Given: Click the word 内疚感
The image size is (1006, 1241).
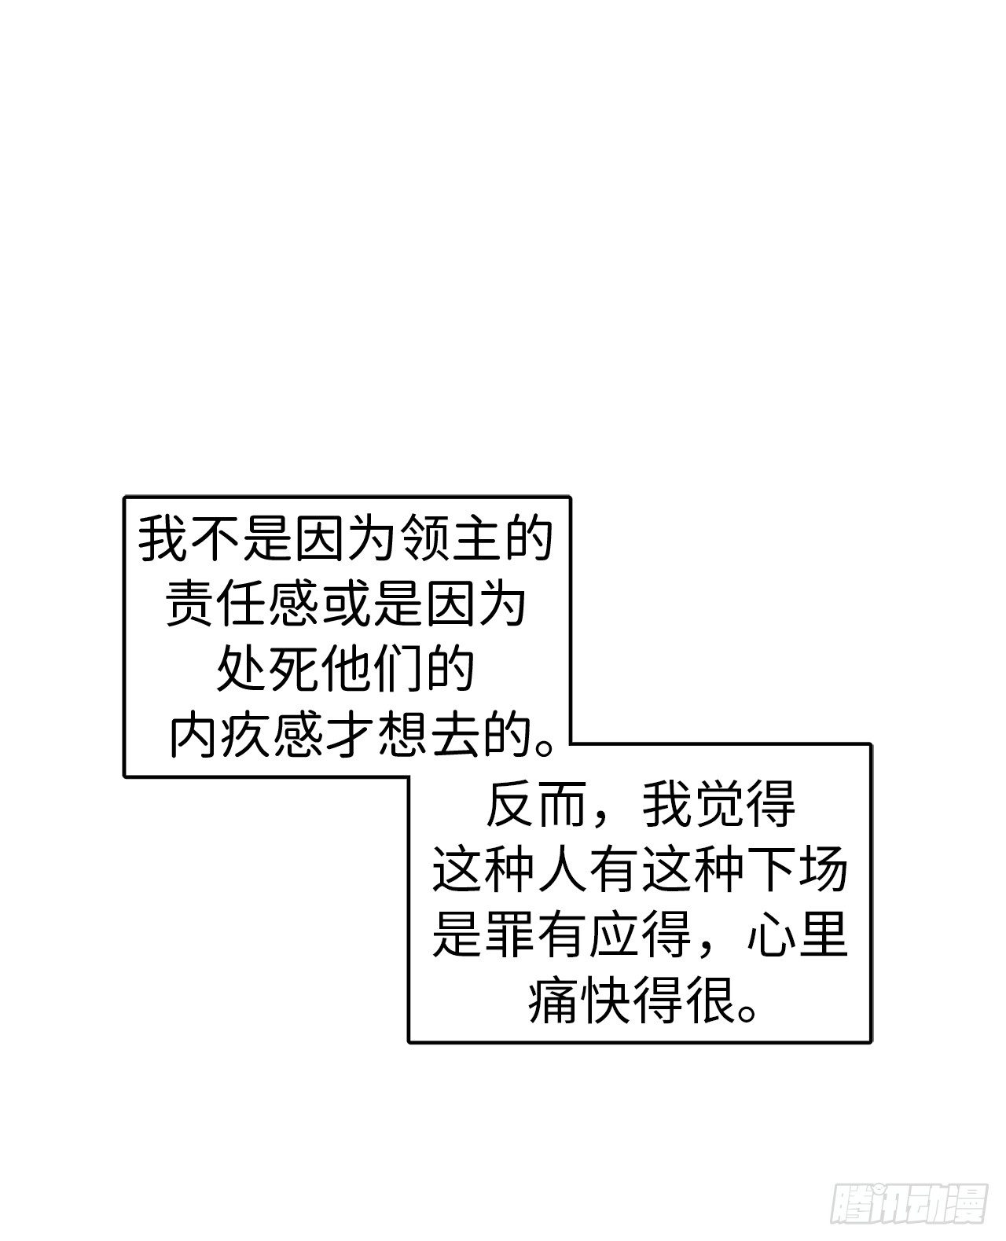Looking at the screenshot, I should coord(242,734).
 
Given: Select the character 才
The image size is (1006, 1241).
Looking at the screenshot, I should coord(347,734).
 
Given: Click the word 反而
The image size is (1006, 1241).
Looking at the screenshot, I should coord(536,804).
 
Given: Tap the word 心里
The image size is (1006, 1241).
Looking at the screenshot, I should coord(796,934).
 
